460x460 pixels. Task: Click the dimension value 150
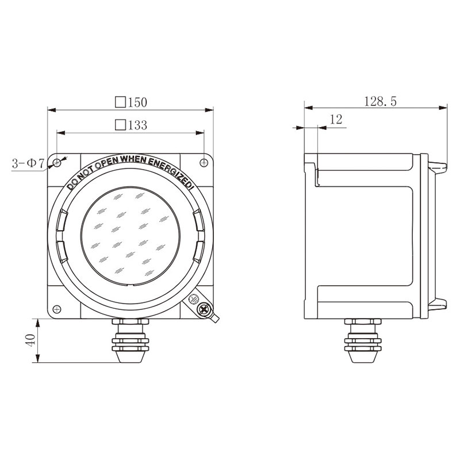click(x=137, y=102)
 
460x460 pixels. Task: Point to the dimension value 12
click(x=336, y=120)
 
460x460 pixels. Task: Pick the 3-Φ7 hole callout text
click(x=28, y=164)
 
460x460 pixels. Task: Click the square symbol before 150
click(x=120, y=102)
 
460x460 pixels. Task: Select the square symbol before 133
click(x=120, y=125)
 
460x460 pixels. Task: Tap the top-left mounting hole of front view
click(x=57, y=162)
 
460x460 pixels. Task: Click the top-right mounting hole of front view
click(x=204, y=160)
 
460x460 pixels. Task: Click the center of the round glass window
click(x=131, y=236)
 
